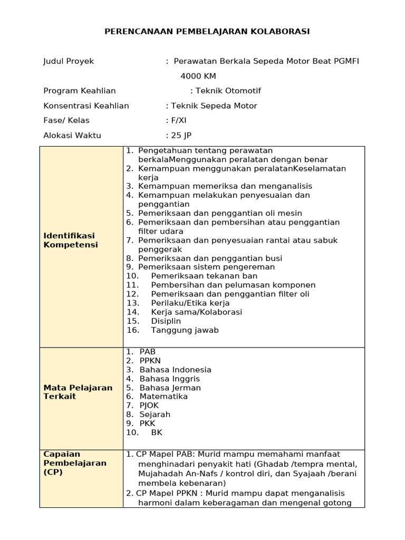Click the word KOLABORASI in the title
(x=283, y=32)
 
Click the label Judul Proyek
(x=69, y=61)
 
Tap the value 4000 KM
(x=198, y=76)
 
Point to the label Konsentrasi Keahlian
(x=86, y=105)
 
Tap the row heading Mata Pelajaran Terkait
(x=78, y=392)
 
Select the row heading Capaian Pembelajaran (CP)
(x=75, y=462)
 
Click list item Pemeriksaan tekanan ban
(x=204, y=276)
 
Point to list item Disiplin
(x=166, y=321)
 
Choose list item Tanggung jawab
(x=185, y=330)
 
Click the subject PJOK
(x=149, y=405)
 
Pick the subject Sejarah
(x=155, y=414)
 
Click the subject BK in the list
(x=157, y=432)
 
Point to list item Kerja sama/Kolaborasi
(x=196, y=312)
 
